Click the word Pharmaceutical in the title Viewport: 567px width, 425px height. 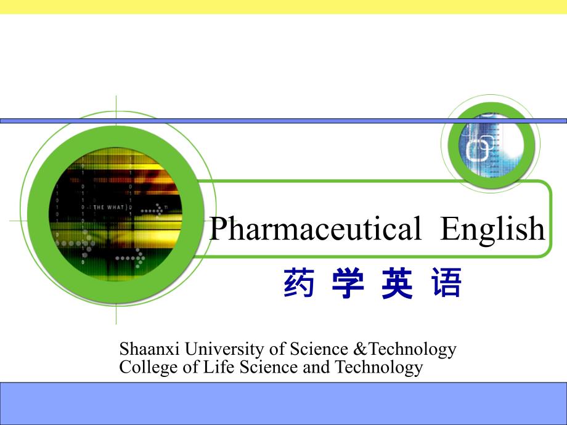pyautogui.click(x=316, y=229)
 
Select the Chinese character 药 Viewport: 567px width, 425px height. pyautogui.click(x=299, y=283)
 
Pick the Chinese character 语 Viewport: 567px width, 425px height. pyautogui.click(x=446, y=283)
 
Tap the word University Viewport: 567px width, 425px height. pyautogui.click(x=224, y=349)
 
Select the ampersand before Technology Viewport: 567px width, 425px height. pyautogui.click(x=359, y=349)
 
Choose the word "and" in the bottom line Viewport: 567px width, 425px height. pyautogui.click(x=316, y=367)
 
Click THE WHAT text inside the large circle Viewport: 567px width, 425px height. pyautogui.click(x=108, y=208)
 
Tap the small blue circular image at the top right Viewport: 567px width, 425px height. pyautogui.click(x=491, y=145)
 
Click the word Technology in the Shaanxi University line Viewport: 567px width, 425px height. pyautogui.click(x=412, y=349)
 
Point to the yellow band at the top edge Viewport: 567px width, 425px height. pyautogui.click(x=283, y=7)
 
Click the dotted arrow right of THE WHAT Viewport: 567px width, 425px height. pyautogui.click(x=152, y=210)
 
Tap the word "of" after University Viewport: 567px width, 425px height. pyautogui.click(x=277, y=349)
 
